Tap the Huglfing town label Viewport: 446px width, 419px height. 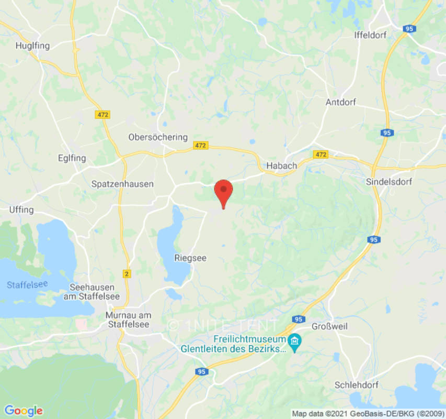(x=32, y=46)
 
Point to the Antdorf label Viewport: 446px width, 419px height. (x=340, y=102)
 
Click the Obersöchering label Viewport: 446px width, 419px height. (x=158, y=137)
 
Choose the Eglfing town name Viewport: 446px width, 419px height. (x=72, y=158)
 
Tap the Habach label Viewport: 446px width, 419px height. (x=281, y=166)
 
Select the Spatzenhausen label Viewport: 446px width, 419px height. (x=122, y=184)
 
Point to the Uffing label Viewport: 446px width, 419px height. (x=21, y=210)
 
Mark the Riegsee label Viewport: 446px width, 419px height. (x=189, y=258)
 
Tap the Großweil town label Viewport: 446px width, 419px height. (x=329, y=326)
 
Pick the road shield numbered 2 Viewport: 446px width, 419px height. (x=127, y=274)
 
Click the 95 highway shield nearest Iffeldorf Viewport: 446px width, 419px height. (x=409, y=29)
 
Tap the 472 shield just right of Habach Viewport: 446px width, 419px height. (x=321, y=155)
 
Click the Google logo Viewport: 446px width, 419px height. (x=23, y=411)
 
